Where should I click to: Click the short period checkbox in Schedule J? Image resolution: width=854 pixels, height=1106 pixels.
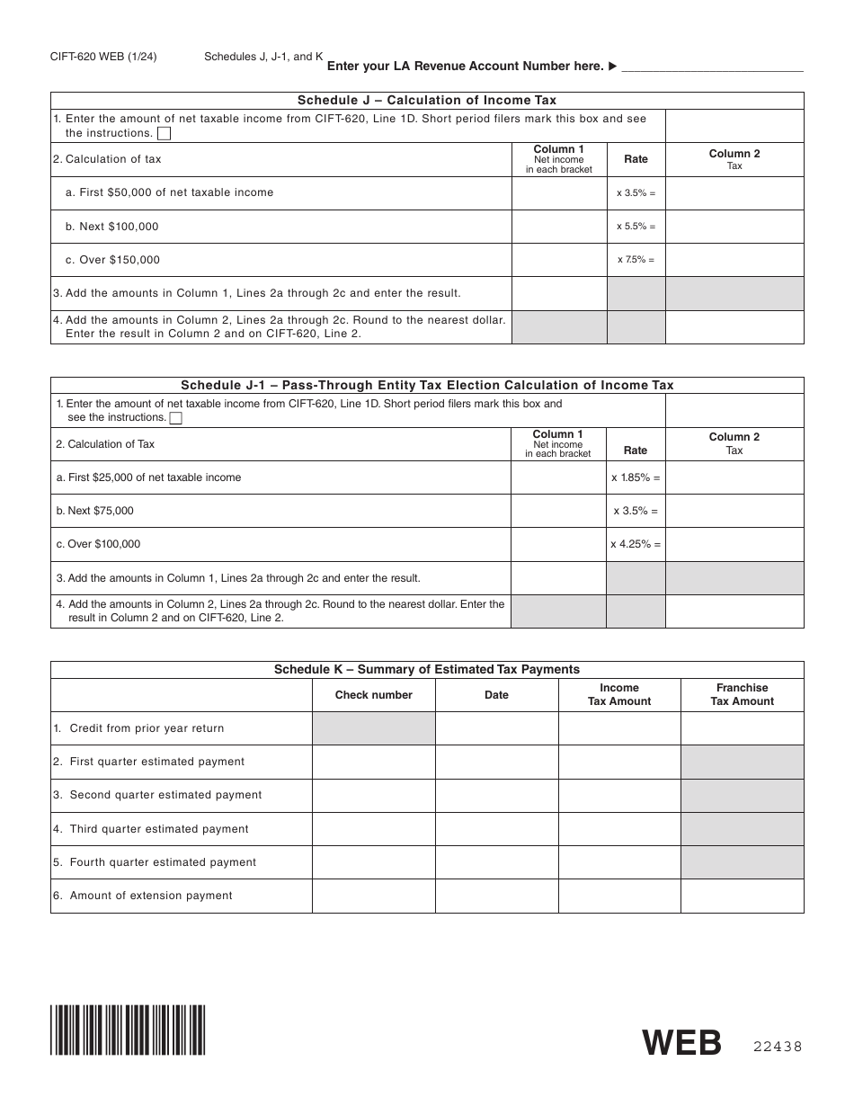pos(165,134)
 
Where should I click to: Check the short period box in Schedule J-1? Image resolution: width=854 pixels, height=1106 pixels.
pos(176,418)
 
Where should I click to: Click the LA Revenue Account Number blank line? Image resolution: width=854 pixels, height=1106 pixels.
pos(712,67)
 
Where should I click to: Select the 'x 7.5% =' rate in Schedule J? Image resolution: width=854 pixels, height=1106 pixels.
pos(636,260)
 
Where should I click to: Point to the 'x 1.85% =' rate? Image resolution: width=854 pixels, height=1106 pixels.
pos(636,477)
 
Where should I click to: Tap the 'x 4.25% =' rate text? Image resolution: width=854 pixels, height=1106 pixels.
pos(636,544)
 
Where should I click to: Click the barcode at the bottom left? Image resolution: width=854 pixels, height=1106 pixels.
pos(128,1030)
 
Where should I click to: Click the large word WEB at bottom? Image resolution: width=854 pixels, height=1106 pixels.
pos(682,1043)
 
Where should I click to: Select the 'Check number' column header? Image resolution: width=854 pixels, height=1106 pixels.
pos(373,695)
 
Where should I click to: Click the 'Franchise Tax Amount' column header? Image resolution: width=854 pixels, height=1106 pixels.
pos(742,694)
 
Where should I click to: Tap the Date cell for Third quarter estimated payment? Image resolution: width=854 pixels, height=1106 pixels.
pos(496,829)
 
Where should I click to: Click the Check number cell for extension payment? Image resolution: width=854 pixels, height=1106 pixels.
pos(373,896)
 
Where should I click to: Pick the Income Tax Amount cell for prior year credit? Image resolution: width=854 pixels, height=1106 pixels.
pos(619,728)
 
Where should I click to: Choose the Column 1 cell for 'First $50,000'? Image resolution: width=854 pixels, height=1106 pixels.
pos(559,192)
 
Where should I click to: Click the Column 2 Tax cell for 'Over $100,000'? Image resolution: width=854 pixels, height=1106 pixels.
pos(734,544)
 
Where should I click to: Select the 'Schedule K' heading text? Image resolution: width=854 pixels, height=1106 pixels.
pos(426,670)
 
